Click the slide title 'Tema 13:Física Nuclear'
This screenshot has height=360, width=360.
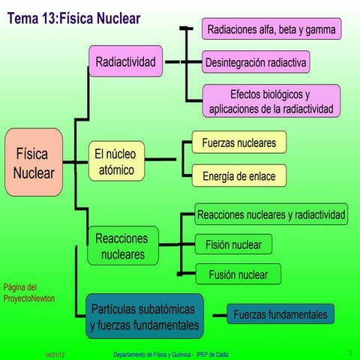point(73,16)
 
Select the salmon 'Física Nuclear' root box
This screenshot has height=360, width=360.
point(34,163)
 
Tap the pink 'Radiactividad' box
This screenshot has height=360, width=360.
point(126,62)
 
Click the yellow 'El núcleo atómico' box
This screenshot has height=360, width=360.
point(114,162)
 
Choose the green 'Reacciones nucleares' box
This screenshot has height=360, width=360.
point(123,246)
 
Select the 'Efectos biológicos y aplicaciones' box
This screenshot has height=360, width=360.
point(270,101)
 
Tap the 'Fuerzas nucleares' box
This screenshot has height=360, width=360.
point(238,142)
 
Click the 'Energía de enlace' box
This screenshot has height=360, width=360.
point(238,176)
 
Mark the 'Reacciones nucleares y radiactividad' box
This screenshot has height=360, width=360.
point(271,215)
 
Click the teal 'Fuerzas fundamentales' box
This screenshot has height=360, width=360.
point(280,313)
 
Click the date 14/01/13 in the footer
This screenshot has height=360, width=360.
point(54,354)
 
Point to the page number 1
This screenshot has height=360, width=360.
point(350,352)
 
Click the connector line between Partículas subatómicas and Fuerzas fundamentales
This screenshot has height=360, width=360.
point(215,316)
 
